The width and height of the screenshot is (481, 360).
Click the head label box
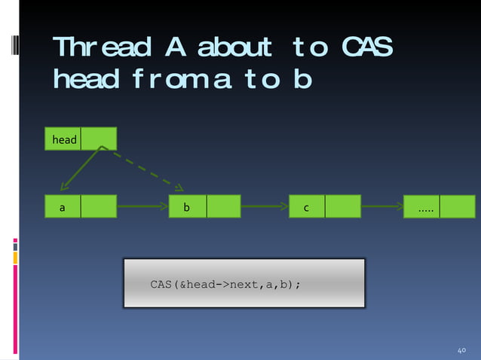pos(64,139)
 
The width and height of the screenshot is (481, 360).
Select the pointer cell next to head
pos(99,139)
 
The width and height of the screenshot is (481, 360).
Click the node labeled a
pos(63,206)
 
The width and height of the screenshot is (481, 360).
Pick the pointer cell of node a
pos(99,206)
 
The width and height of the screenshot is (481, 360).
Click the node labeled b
pos(187,206)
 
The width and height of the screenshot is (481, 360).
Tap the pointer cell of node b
pos(223,206)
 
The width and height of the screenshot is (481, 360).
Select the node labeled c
pos(307,206)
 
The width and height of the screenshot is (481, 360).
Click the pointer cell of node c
pos(343,206)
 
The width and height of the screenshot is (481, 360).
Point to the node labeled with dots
pos(424,206)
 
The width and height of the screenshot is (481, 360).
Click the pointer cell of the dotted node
pos(458,206)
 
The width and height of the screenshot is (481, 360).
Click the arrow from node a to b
pos(142,205)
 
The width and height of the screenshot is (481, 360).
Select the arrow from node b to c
pos(265,205)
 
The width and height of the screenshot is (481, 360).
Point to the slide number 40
pos(463,351)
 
